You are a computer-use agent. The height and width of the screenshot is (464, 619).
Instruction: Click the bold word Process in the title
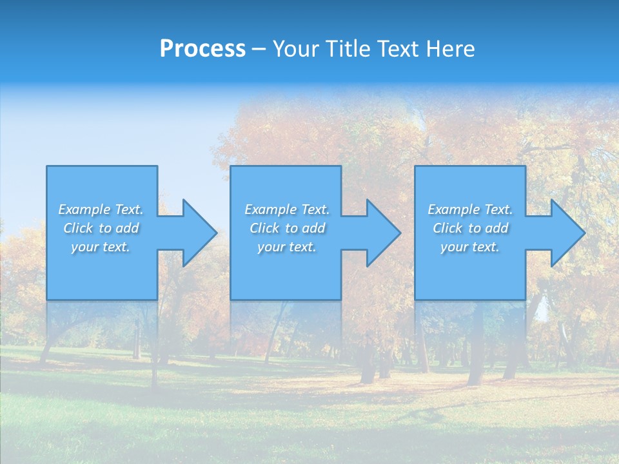click(202, 49)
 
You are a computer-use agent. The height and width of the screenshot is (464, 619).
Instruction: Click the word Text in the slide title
click(398, 49)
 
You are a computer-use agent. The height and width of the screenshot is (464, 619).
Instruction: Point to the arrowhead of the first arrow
click(201, 233)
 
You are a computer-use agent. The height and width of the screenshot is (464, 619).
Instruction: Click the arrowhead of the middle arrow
click(384, 233)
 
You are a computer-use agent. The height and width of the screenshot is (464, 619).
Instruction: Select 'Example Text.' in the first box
click(101, 209)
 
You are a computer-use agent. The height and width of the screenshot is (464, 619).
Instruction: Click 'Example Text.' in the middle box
click(287, 209)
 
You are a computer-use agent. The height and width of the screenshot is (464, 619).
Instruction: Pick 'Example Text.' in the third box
click(470, 209)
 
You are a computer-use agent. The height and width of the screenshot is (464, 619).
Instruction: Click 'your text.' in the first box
click(101, 247)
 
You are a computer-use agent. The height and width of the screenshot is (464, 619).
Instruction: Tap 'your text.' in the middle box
click(287, 247)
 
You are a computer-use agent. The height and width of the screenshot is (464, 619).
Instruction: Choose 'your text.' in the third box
click(470, 247)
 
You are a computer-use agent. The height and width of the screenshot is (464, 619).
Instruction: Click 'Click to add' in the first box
click(101, 228)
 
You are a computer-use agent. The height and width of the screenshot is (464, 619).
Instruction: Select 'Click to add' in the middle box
click(287, 228)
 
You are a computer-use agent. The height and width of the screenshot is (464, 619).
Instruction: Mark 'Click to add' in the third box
click(470, 228)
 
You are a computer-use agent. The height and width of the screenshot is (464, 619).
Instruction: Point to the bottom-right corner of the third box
click(524, 298)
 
